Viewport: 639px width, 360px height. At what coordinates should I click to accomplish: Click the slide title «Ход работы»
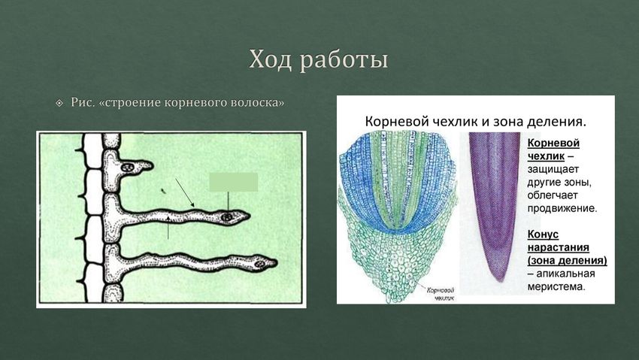pos(318,60)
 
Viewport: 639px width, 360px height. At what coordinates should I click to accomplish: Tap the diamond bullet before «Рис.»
pos(59,103)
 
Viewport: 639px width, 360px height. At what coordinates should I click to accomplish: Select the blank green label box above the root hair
pos(234,182)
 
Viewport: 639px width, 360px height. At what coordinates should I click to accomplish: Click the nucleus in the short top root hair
pos(128,167)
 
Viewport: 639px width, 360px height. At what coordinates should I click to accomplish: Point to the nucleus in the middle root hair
pos(227,217)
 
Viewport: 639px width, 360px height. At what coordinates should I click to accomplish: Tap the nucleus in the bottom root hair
pos(259,264)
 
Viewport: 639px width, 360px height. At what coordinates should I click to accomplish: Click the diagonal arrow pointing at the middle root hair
pos(185,192)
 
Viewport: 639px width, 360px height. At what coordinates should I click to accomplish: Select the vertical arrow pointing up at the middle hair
pos(168,228)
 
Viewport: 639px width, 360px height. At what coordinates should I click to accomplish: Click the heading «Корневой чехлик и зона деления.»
pos(475,121)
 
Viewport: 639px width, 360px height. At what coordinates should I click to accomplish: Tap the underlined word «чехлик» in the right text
pos(546,156)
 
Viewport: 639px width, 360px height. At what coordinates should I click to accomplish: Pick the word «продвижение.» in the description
pos(562,208)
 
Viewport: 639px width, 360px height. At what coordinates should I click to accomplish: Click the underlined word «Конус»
pos(543,234)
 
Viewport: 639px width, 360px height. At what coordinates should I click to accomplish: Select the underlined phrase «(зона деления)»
pos(568,260)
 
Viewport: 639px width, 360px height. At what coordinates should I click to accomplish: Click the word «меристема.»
pos(556,286)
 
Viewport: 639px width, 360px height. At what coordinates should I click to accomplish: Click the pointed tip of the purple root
pos(499,280)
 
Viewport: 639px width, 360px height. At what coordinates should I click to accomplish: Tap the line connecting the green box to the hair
pos(229,202)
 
